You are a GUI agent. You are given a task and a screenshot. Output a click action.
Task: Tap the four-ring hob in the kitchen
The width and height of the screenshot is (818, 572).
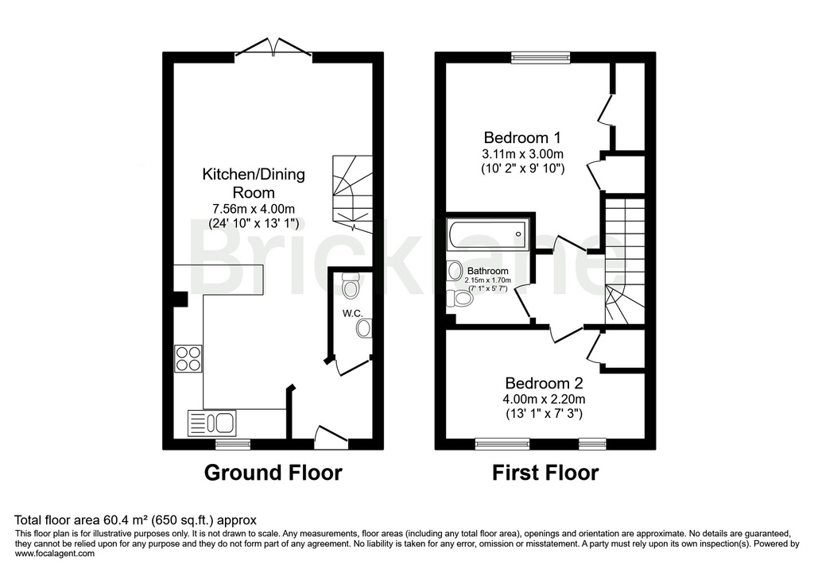(188, 358)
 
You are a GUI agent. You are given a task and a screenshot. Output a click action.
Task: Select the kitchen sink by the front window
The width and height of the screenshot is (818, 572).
(212, 422)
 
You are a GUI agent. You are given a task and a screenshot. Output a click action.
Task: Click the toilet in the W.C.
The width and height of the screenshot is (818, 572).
(351, 282)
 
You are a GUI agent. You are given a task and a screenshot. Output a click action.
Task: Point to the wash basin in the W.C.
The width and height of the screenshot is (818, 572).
(364, 327)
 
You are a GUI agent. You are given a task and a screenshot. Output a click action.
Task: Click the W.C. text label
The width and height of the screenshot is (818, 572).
(353, 314)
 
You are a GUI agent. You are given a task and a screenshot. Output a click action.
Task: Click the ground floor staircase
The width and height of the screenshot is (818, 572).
(351, 191)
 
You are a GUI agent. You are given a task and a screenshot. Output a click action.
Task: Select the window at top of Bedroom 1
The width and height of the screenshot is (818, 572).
(541, 56)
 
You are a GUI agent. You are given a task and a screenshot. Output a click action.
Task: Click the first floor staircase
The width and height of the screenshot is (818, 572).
(625, 262)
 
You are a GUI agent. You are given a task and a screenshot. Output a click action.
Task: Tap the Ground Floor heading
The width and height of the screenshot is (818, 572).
(273, 473)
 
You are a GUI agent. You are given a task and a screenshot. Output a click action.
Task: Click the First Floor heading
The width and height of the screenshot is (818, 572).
(545, 473)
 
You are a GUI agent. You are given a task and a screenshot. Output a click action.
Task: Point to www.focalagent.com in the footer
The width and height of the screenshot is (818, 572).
(55, 554)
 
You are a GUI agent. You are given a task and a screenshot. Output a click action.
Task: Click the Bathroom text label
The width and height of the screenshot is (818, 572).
(487, 271)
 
